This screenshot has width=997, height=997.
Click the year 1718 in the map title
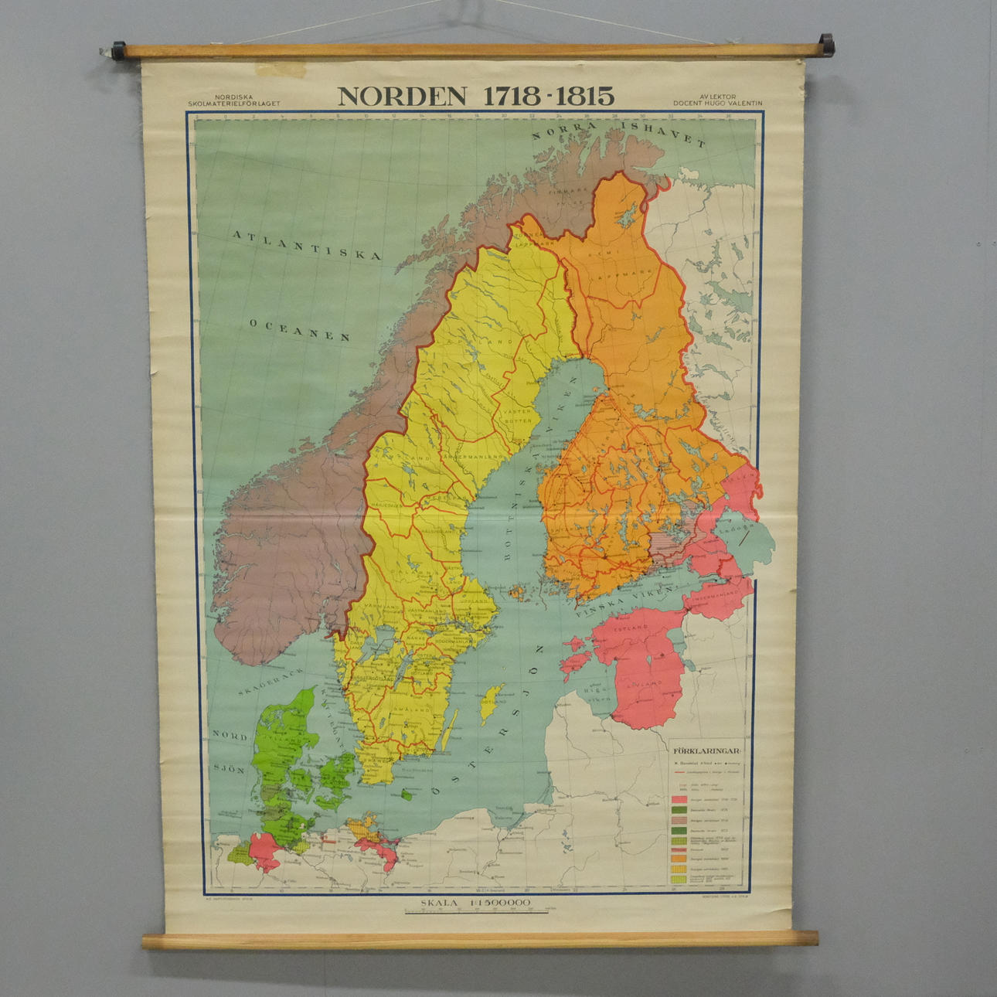point(512,96)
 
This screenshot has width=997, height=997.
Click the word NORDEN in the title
point(402,96)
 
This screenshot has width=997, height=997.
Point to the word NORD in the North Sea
point(230,737)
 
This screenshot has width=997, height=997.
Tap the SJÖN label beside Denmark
point(229,769)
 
